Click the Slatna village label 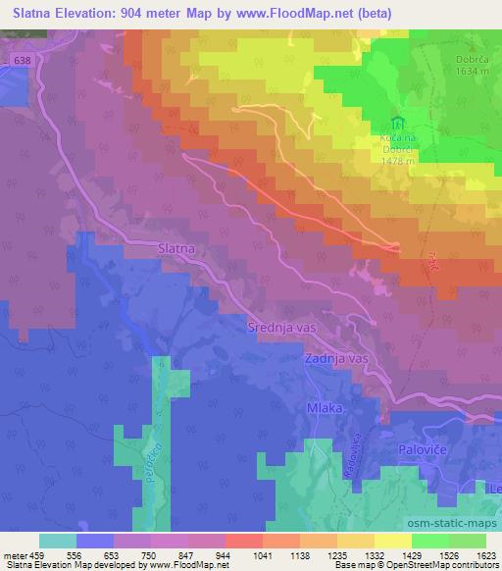point(177,249)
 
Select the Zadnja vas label point(336,359)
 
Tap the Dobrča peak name point(447,57)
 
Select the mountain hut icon point(397,125)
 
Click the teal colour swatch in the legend point(58,541)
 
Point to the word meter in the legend point(17,554)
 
